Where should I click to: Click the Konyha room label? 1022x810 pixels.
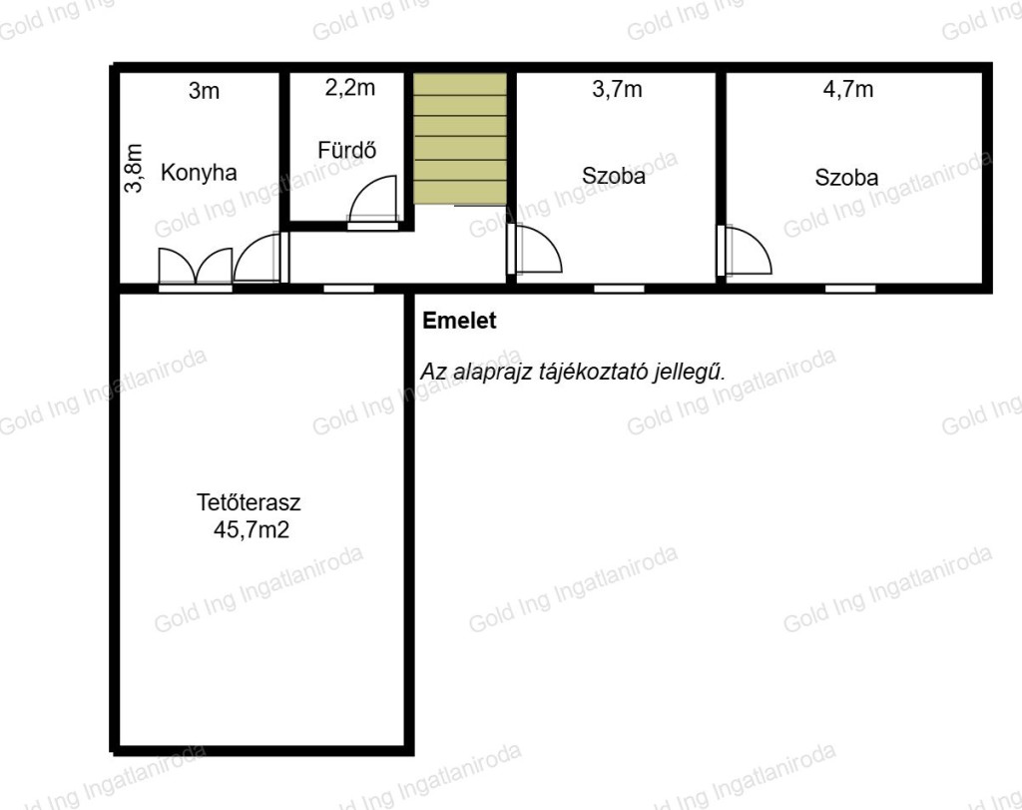click(x=199, y=173)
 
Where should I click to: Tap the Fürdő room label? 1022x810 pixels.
click(x=346, y=150)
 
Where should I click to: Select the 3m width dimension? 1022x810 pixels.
click(x=204, y=91)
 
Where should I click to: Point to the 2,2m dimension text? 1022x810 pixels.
click(x=350, y=88)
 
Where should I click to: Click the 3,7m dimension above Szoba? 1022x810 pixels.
click(x=617, y=89)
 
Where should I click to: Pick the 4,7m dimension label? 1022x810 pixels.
click(x=848, y=89)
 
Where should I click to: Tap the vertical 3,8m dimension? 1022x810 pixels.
click(x=134, y=168)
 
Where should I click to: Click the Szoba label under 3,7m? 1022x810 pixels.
click(x=614, y=176)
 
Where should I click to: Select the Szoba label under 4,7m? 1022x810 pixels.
click(x=846, y=178)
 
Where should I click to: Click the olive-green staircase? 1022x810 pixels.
click(x=460, y=138)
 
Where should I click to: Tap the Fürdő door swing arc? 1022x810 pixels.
click(x=373, y=199)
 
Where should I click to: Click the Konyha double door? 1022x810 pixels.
click(x=196, y=266)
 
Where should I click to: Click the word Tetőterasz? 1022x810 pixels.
click(x=249, y=502)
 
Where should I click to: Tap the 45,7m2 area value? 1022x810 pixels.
click(x=251, y=529)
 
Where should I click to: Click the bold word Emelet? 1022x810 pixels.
click(x=459, y=321)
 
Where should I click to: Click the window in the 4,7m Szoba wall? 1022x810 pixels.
click(x=850, y=289)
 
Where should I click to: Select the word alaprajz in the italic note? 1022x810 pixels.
click(x=492, y=372)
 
